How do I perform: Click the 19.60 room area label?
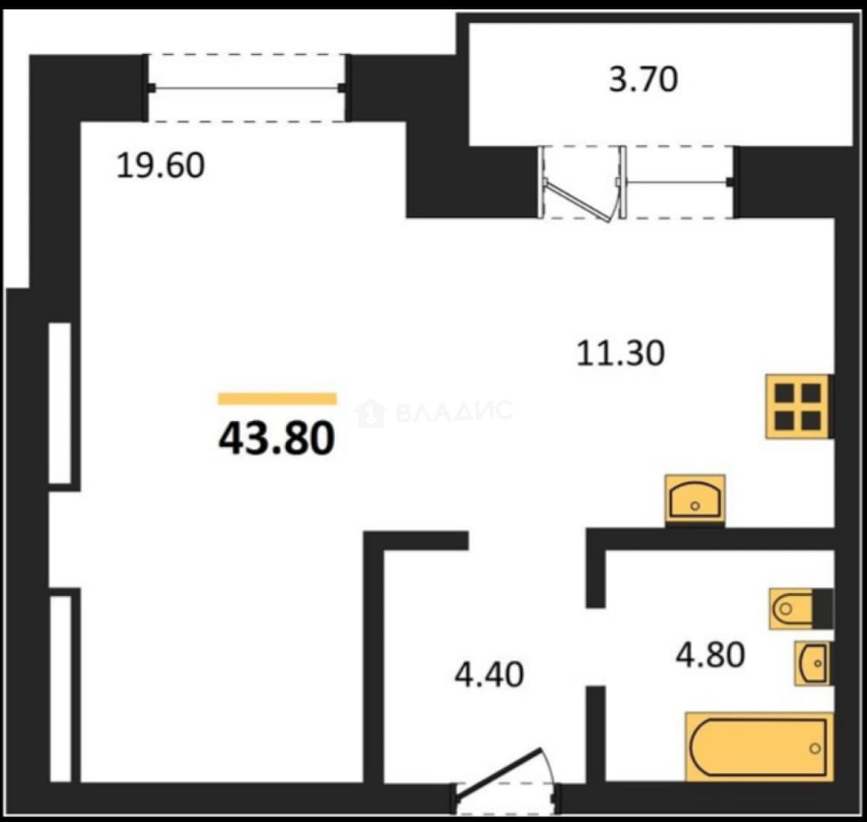[x=161, y=165]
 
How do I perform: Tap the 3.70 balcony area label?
[x=643, y=79]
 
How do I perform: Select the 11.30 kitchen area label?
[x=620, y=353]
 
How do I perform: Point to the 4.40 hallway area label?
[x=489, y=675]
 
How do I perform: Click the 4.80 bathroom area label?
[x=710, y=655]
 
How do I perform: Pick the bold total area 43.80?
[x=277, y=438]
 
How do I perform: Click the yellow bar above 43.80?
[x=278, y=399]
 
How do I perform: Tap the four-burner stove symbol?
[x=797, y=407]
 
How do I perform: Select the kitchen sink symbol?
[x=695, y=499]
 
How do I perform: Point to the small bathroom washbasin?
[x=813, y=664]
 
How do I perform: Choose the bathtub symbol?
[x=759, y=747]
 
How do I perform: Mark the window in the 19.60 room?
[x=247, y=88]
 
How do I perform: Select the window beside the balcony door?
[x=678, y=182]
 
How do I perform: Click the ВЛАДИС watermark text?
[x=454, y=411]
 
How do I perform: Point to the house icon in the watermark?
[x=370, y=413]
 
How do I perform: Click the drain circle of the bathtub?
[x=814, y=748]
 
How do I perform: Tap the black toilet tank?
[x=823, y=609]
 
